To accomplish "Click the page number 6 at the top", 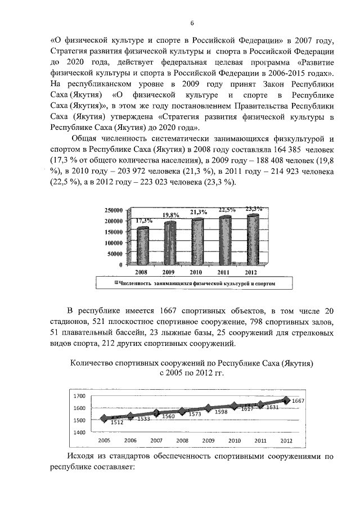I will pos(192,23).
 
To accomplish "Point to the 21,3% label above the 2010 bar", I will pos(198,212).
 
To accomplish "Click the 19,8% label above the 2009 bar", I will pos(171,215).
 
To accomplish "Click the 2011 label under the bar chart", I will pos(225,272).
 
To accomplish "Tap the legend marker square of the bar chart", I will pos(116,284).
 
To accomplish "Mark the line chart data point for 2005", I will pos(104,418).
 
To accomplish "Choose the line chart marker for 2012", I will pos(287,400).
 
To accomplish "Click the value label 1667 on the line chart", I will pos(298,400).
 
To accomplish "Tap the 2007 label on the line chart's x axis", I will pos(156,440).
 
